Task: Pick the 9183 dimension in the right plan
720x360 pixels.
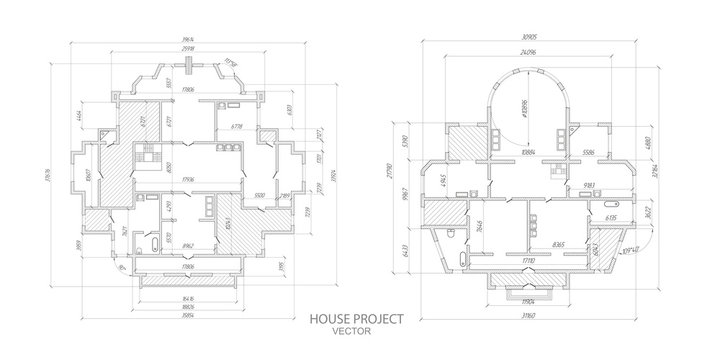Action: coord(590,187)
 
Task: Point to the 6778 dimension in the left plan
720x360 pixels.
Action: coord(237,127)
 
